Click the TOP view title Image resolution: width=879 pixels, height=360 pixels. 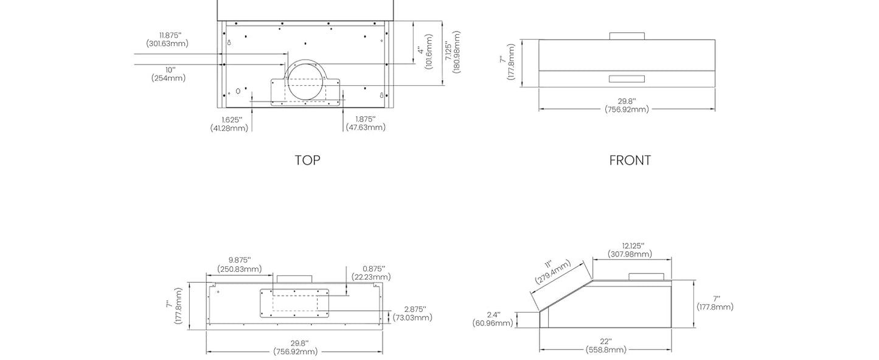307,160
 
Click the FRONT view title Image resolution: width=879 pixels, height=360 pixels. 630,160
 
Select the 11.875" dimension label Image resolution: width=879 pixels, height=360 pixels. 167,40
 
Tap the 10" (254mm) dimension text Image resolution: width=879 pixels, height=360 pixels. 168,74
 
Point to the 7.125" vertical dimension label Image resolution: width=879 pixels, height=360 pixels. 452,52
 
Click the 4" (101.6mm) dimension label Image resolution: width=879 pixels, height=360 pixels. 425,56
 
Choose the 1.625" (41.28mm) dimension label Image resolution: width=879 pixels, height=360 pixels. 229,123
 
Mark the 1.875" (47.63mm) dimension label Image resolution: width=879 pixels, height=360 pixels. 366,123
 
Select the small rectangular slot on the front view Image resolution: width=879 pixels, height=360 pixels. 627,78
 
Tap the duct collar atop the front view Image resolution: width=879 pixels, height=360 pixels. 627,36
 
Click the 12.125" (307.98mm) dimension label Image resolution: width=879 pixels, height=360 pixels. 630,249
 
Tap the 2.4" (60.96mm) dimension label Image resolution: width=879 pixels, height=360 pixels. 493,319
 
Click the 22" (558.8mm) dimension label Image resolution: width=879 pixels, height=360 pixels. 606,345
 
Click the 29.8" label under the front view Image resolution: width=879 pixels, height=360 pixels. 627,105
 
